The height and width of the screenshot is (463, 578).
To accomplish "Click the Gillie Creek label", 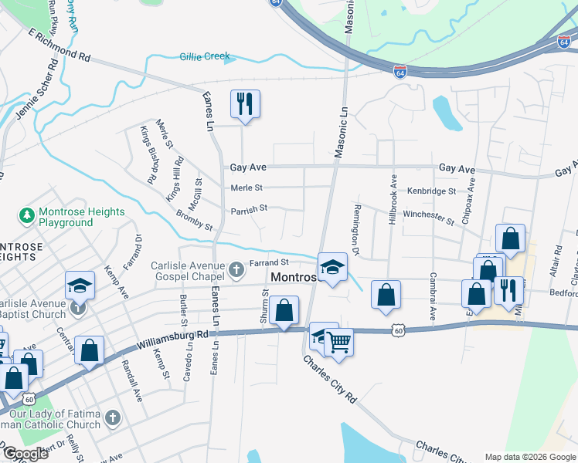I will (206, 57).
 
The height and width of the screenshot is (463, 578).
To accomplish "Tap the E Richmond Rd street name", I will (59, 46).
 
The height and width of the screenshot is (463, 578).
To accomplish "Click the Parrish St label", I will (248, 208).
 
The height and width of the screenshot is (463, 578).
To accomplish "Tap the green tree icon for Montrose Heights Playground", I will (27, 212).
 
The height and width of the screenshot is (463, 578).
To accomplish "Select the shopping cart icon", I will (338, 341).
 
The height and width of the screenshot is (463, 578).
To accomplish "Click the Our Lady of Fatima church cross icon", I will (112, 419).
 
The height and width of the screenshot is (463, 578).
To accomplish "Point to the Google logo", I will (25, 454).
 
